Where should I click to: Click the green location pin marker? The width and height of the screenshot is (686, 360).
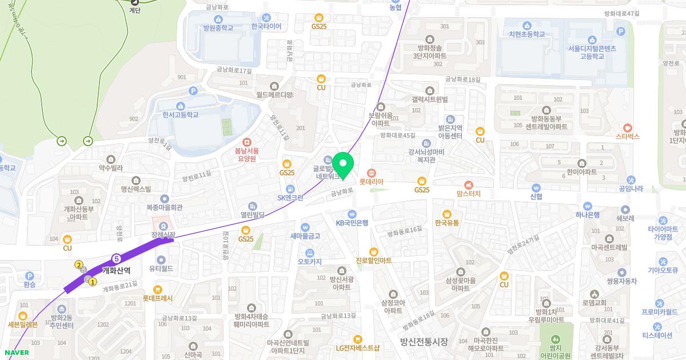pos(343,165)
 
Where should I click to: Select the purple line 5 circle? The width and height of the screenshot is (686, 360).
pos(117,258)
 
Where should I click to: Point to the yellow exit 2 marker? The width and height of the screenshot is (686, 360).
pos(79,265)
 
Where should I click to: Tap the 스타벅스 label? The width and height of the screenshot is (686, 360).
pos(627,137)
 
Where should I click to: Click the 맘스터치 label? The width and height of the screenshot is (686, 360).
pos(468,194)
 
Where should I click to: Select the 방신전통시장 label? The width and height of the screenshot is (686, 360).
pos(424,341)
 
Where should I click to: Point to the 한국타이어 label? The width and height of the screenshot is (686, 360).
pos(266,26)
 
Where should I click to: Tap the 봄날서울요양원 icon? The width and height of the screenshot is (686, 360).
pos(247,142)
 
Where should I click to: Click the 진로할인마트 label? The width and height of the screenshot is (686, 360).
pos(373,260)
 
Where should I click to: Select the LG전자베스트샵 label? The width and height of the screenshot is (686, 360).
pos(357,347)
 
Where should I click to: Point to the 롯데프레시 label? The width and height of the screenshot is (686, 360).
pos(158,298)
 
